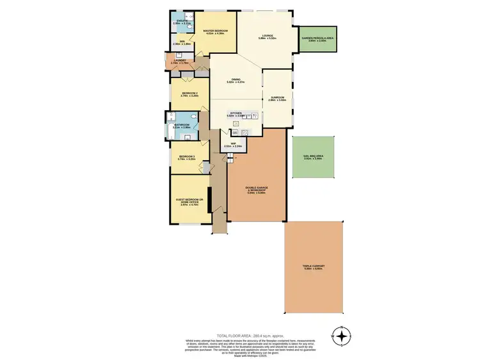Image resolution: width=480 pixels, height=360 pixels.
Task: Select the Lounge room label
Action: tap(267, 37)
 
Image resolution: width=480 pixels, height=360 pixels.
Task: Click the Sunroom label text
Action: tap(276, 99)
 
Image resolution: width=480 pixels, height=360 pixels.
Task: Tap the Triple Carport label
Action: tap(314, 266)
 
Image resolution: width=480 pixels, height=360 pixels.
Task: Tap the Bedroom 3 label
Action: tap(187, 157)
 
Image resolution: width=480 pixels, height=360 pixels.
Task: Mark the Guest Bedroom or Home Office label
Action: tap(189, 202)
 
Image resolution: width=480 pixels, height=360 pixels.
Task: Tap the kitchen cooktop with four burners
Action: tap(244, 133)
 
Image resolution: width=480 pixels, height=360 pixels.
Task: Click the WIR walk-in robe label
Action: tap(182, 43)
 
